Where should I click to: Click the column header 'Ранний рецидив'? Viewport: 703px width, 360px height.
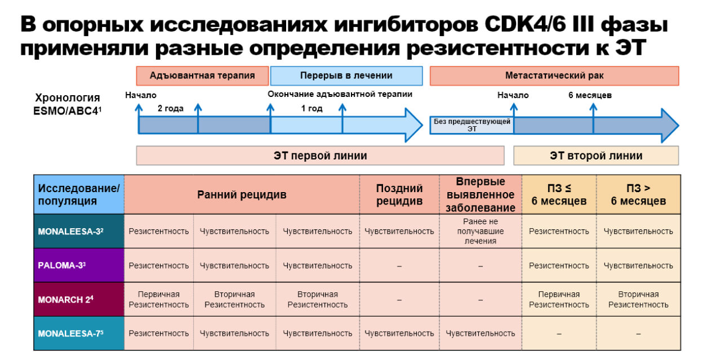click(242, 195)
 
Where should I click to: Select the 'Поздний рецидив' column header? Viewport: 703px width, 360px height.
click(399, 195)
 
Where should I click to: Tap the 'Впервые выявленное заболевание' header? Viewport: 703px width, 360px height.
click(480, 195)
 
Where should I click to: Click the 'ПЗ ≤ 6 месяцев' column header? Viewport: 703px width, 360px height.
click(559, 195)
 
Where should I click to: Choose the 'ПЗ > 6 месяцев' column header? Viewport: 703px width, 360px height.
click(638, 195)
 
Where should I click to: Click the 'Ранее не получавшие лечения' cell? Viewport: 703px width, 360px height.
click(480, 231)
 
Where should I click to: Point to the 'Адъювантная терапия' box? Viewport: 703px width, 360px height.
click(202, 75)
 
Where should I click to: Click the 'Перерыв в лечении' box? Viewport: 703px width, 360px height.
click(346, 75)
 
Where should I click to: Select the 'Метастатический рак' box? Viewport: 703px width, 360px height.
click(554, 75)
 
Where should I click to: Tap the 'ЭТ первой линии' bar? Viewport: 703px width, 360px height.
click(320, 156)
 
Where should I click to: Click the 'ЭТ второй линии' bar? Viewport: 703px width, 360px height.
click(595, 156)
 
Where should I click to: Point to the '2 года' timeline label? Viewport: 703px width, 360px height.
click(170, 108)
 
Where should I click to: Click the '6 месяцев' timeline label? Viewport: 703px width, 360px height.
click(590, 95)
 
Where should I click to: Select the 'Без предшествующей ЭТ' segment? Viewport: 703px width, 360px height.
click(471, 125)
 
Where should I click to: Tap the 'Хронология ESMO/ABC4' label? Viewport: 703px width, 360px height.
click(68, 104)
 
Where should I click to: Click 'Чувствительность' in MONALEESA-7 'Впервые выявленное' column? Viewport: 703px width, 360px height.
click(480, 334)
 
